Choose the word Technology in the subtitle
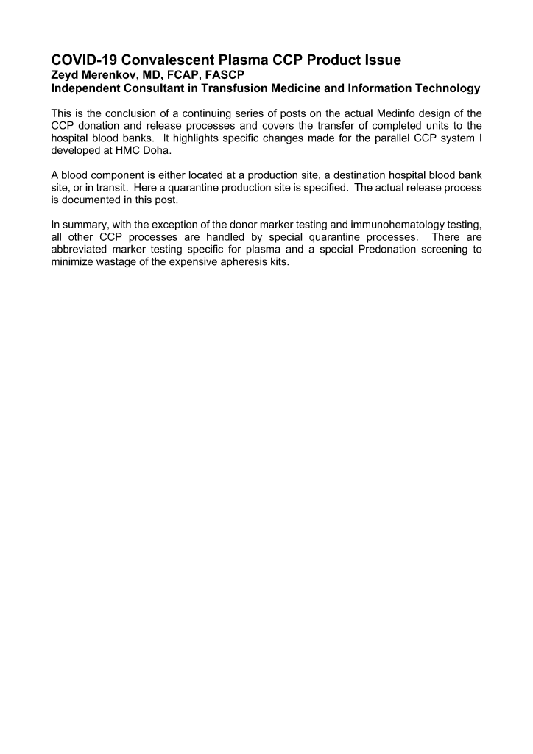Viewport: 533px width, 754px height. point(442,88)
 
